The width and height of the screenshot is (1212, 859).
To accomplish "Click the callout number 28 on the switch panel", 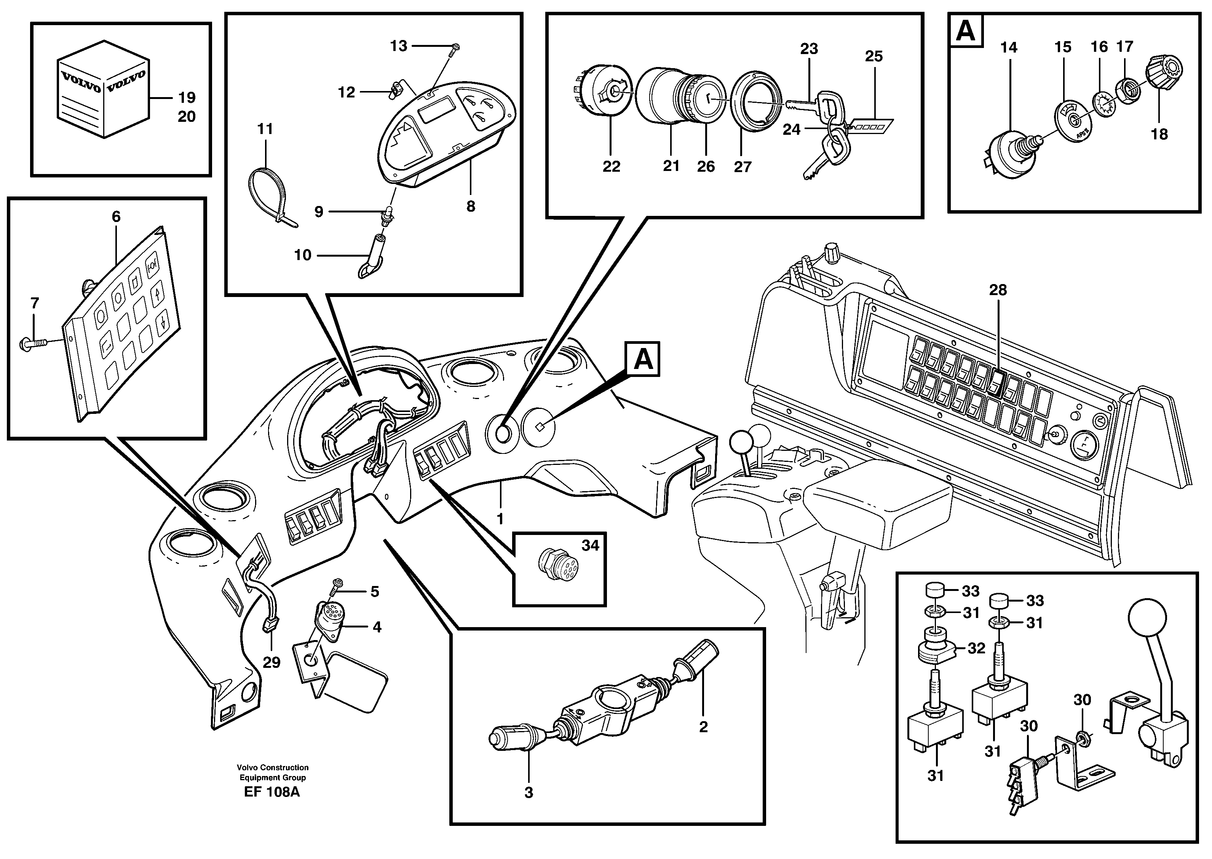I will point(998,290).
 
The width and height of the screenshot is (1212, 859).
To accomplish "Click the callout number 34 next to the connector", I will point(590,545).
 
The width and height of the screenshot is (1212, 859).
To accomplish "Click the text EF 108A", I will point(272,792).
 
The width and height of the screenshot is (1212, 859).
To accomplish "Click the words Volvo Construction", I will point(272,768).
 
